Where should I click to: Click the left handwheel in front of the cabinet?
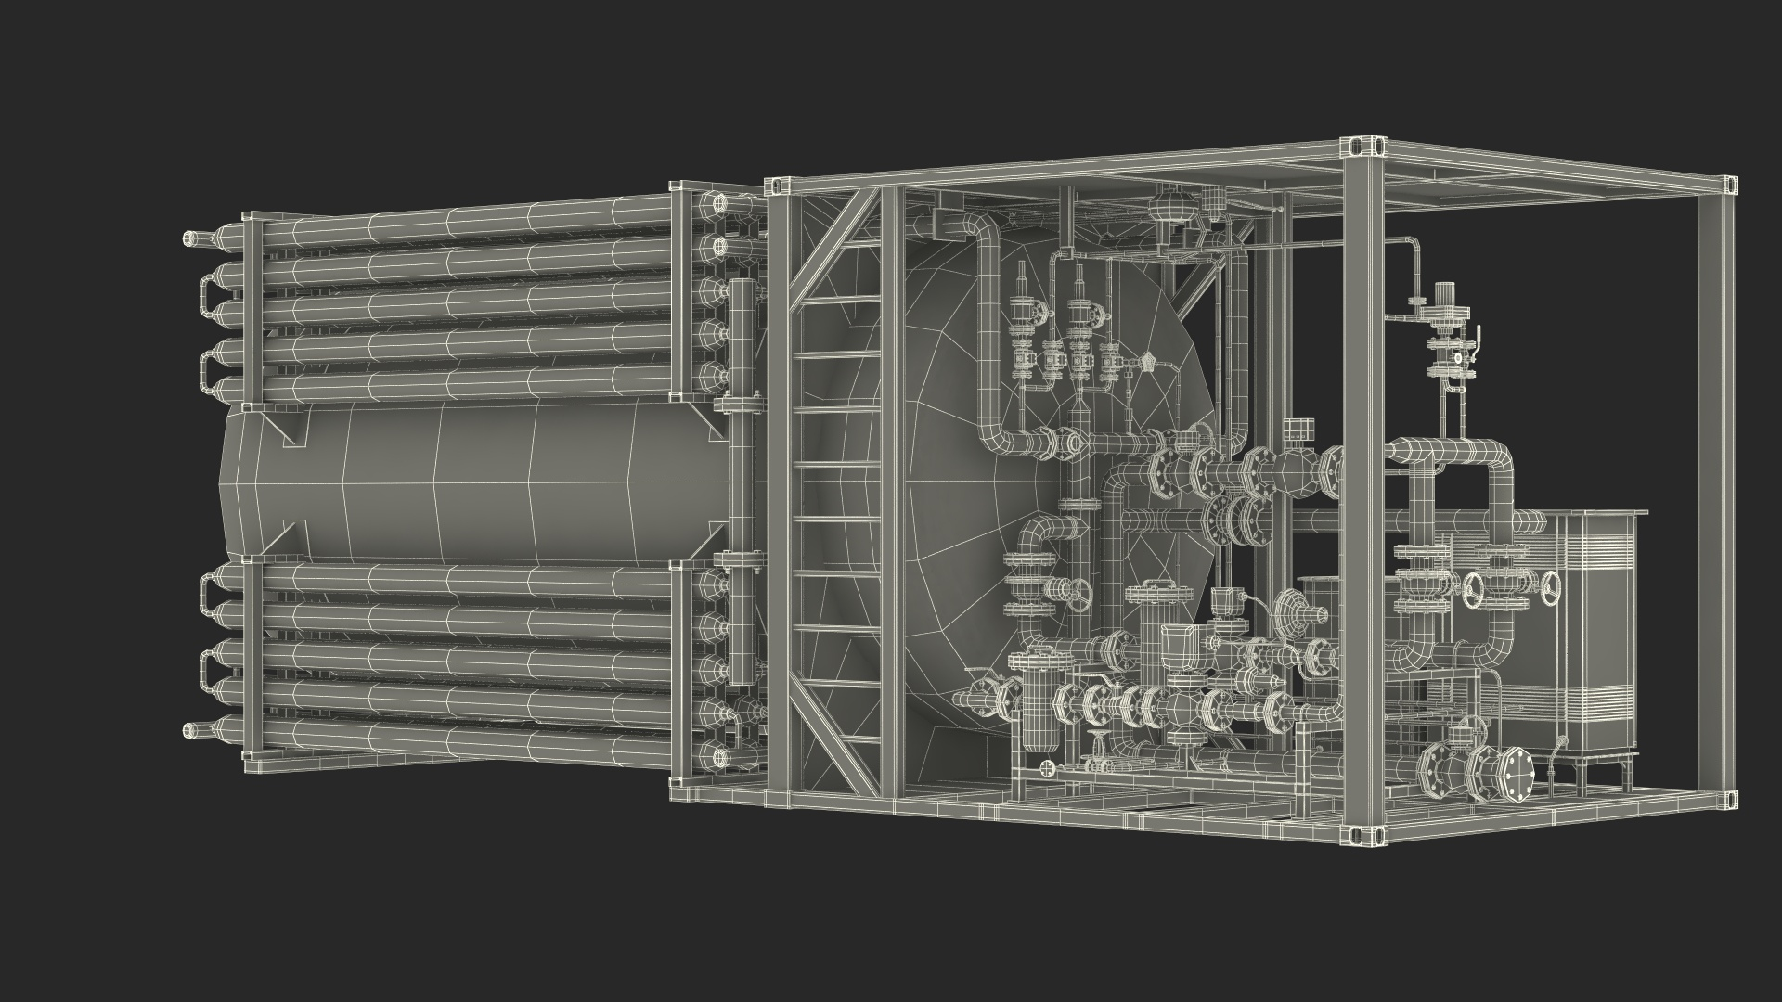click(1477, 590)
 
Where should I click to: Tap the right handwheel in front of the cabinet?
click(1552, 590)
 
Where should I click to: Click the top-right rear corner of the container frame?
click(1727, 186)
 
